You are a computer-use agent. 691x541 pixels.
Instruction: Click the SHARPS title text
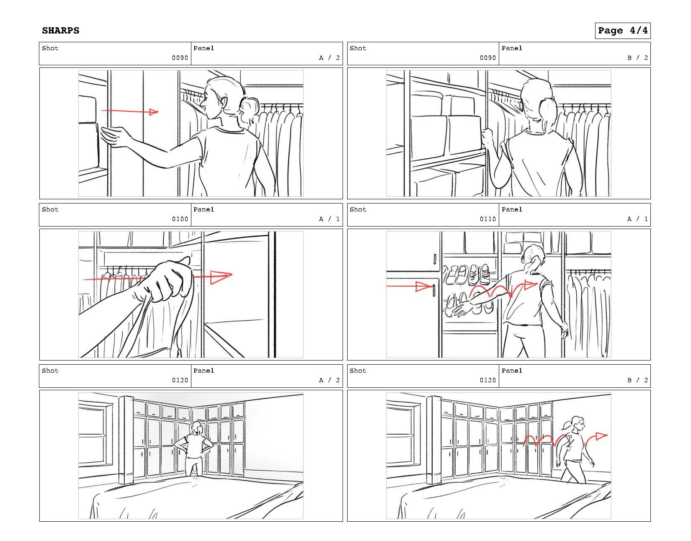(60, 31)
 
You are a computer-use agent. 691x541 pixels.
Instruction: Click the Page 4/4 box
(623, 31)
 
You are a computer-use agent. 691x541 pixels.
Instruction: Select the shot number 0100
(180, 219)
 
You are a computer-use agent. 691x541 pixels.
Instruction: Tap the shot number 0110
(488, 219)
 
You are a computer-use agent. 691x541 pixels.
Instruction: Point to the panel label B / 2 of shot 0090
(637, 58)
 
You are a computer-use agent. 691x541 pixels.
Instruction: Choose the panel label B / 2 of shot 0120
(637, 380)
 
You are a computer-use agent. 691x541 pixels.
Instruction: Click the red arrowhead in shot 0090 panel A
(154, 111)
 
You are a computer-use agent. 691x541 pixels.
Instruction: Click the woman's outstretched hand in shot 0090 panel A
(113, 136)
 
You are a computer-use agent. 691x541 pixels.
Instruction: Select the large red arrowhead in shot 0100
(222, 277)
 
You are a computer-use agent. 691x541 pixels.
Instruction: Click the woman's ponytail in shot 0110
(534, 265)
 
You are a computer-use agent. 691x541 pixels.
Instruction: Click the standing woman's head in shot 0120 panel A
(198, 428)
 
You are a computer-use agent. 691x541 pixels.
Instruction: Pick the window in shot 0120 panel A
(95, 435)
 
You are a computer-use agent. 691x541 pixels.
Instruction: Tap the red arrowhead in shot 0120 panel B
(601, 436)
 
